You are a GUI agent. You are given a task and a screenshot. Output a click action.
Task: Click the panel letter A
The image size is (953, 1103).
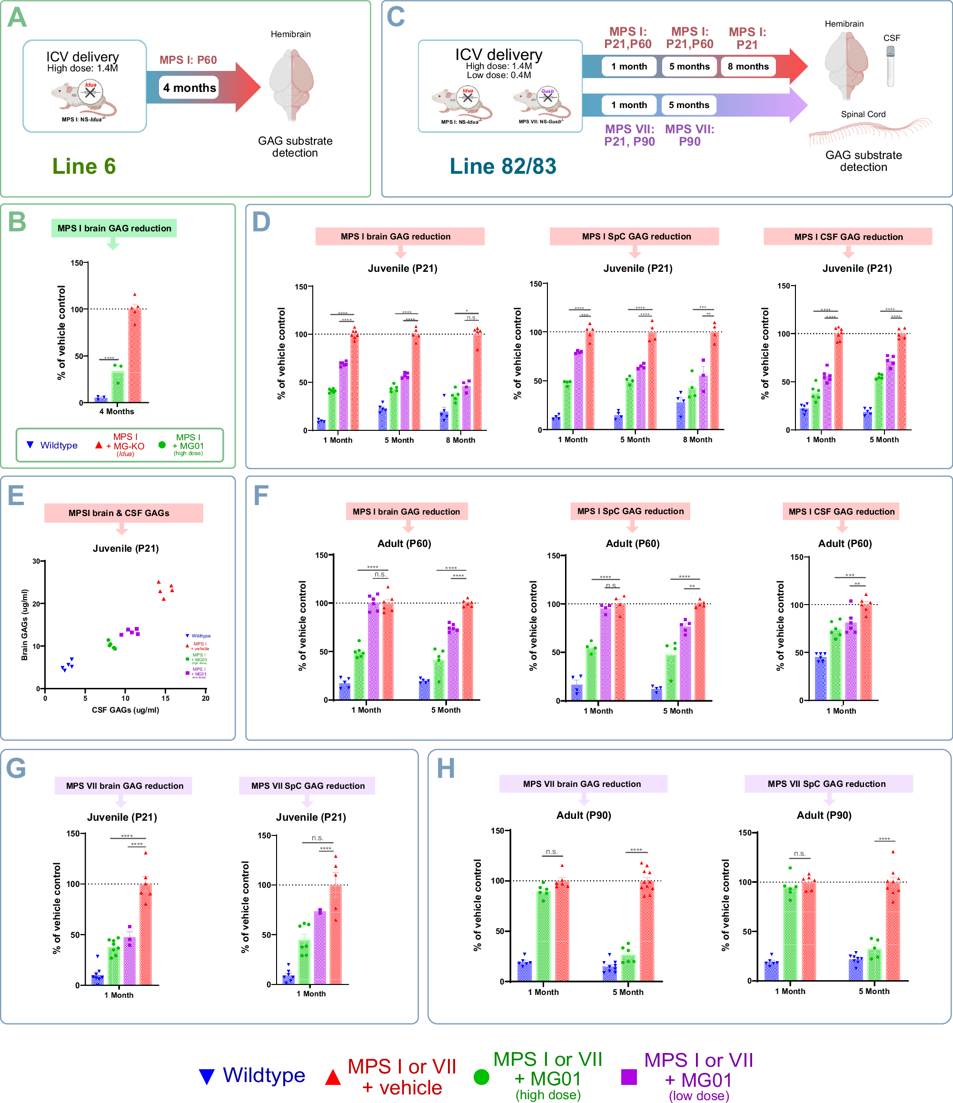click(17, 18)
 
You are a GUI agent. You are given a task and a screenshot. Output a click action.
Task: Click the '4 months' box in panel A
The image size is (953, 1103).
click(189, 88)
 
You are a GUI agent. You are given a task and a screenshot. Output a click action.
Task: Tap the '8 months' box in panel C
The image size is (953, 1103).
click(747, 67)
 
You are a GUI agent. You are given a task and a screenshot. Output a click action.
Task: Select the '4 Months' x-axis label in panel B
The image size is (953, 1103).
click(117, 411)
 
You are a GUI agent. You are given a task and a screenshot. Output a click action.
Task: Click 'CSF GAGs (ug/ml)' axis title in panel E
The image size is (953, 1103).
click(125, 710)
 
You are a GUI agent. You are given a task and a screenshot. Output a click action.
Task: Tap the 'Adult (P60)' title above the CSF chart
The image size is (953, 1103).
click(844, 544)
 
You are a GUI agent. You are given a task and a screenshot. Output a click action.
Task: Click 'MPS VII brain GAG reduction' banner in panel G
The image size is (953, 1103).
click(124, 786)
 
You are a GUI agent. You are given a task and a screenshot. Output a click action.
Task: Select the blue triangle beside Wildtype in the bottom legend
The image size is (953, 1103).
click(207, 1076)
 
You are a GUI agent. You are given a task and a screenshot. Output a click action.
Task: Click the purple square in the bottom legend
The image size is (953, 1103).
click(629, 1077)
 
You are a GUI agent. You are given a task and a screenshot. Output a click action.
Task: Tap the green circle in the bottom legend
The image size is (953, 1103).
click(481, 1077)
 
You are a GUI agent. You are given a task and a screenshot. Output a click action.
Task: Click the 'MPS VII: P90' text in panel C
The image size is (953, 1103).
click(689, 135)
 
